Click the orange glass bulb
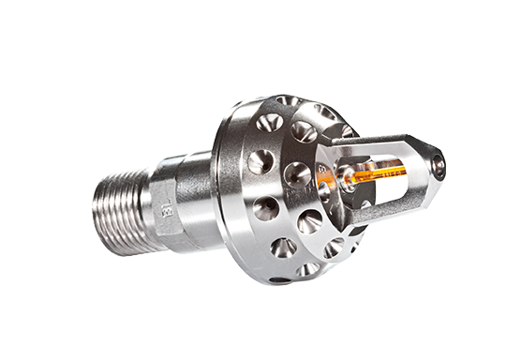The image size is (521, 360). pyautogui.click(x=375, y=174)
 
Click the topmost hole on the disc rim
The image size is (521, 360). pyautogui.click(x=285, y=102)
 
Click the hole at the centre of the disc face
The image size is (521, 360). pyautogui.click(x=295, y=172)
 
